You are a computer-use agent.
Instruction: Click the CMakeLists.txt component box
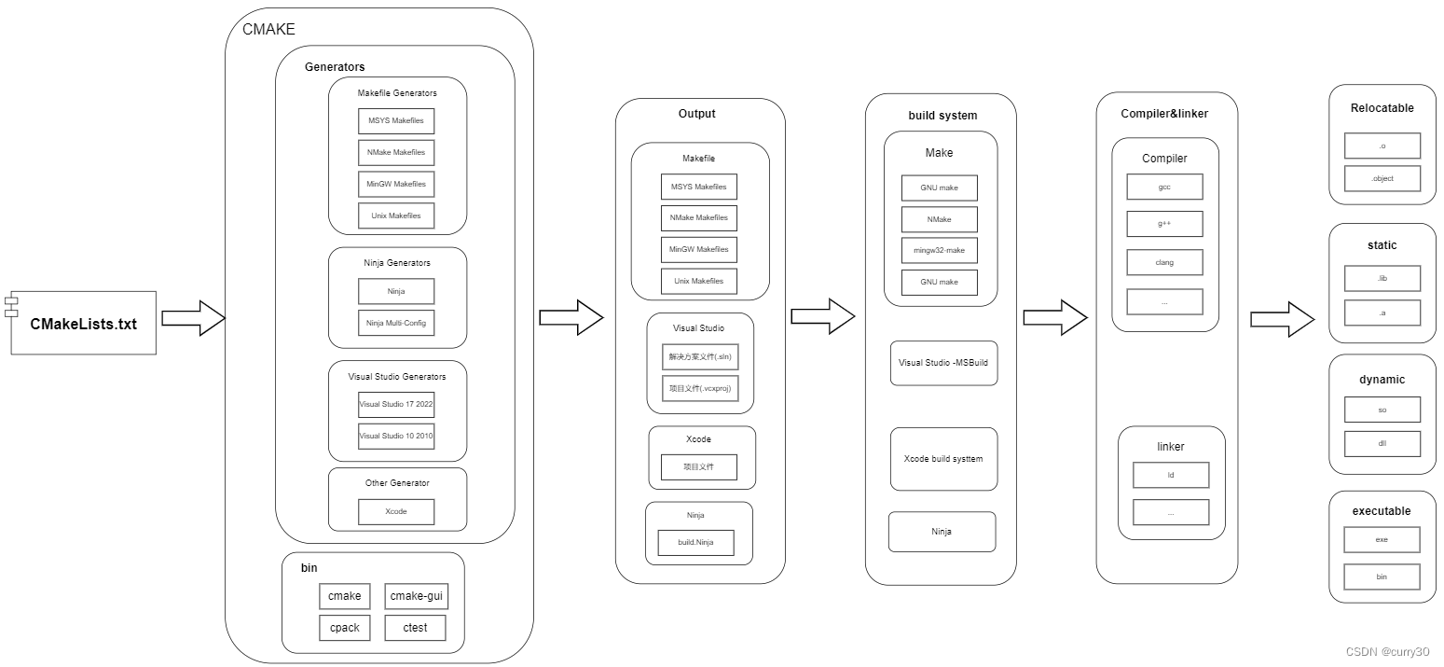[x=83, y=323]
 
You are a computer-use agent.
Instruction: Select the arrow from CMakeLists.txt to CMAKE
[x=194, y=318]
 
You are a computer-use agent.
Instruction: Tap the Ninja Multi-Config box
[x=396, y=323]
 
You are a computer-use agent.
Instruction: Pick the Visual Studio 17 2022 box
[x=396, y=404]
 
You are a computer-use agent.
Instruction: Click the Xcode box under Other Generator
[x=396, y=511]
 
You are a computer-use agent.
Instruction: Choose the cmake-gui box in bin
[x=415, y=596]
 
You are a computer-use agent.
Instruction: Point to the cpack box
[x=344, y=628]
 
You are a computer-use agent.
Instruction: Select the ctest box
[x=415, y=628]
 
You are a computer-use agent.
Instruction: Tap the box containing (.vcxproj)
[x=699, y=388]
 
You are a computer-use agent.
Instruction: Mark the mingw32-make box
[x=939, y=251]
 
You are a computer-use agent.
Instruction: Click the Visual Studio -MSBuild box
[x=943, y=363]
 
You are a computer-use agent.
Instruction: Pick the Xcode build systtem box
[x=943, y=459]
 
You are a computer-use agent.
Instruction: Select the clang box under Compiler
[x=1164, y=262]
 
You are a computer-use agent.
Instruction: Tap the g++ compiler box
[x=1164, y=224]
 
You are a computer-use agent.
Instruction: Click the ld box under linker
[x=1170, y=475]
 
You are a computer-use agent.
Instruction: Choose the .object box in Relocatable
[x=1382, y=178]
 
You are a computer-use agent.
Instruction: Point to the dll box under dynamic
[x=1382, y=443]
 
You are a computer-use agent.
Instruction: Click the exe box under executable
[x=1382, y=539]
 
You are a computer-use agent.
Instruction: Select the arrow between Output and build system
[x=823, y=316]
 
